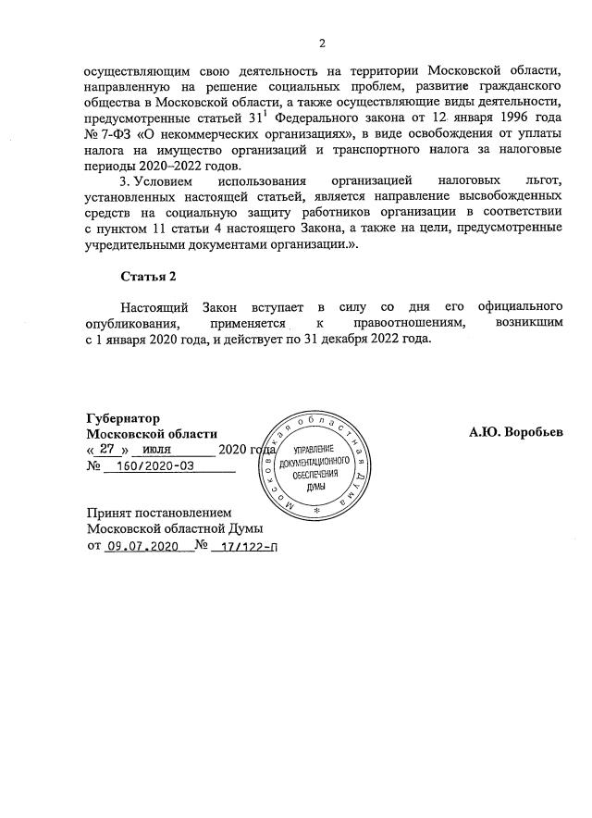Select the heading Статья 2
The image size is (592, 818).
(148, 276)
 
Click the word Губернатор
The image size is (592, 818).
(123, 418)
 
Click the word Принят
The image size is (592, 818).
(110, 512)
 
